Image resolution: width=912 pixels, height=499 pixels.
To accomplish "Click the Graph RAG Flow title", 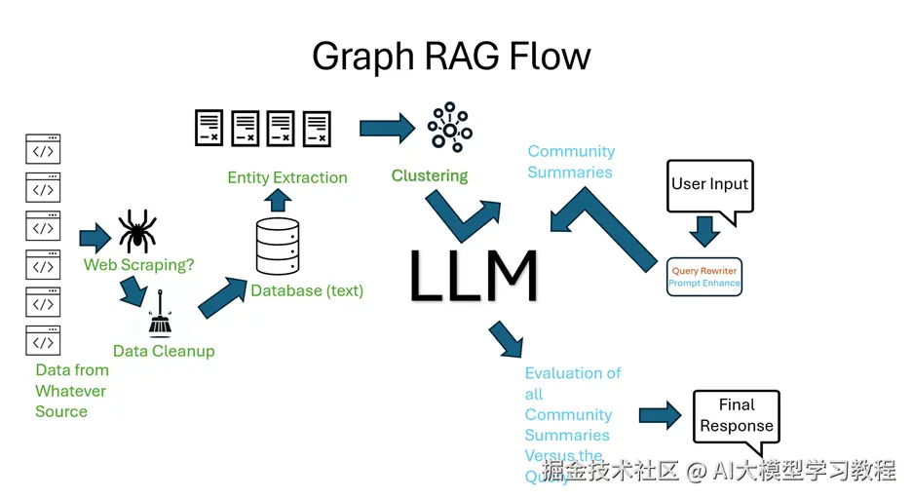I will [x=451, y=57].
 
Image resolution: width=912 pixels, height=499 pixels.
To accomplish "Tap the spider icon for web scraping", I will [x=137, y=231].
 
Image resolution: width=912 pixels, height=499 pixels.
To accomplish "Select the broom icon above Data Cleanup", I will [x=160, y=319].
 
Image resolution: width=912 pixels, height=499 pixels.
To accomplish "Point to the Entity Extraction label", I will [x=286, y=177].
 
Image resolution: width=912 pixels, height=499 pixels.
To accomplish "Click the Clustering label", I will [x=430, y=176].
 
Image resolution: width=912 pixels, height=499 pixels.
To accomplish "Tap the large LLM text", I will [x=474, y=277].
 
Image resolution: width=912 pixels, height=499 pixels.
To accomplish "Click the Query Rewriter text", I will [x=704, y=271].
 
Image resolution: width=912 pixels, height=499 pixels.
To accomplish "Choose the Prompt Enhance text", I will [x=704, y=284].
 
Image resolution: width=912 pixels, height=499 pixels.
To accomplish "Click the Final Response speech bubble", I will [x=737, y=415].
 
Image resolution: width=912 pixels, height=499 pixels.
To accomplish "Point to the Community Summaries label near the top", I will [x=571, y=162].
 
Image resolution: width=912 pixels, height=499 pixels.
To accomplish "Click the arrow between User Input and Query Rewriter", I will [x=704, y=231].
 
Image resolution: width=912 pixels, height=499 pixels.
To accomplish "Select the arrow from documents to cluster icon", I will [x=387, y=128].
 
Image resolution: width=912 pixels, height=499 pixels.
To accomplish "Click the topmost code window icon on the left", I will [x=43, y=149].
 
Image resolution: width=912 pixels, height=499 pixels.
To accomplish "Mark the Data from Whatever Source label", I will [x=71, y=391].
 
